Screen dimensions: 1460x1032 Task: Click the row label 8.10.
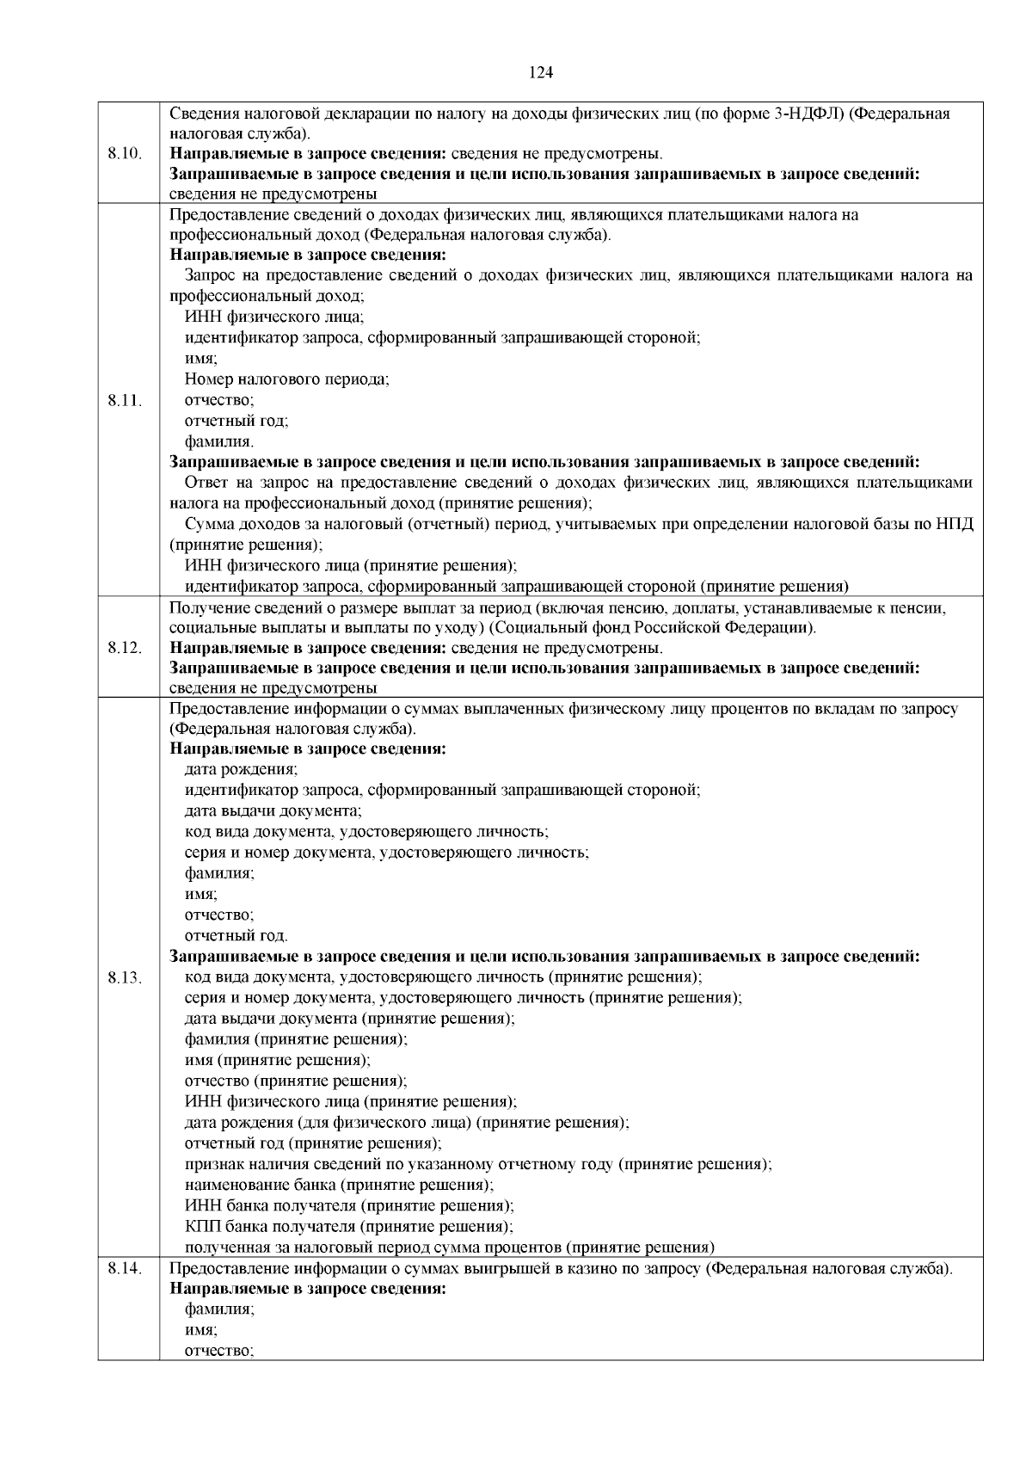[126, 154]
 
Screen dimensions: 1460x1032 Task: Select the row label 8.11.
[126, 400]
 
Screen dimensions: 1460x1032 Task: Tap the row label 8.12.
[126, 648]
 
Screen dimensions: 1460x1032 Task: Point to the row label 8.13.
[126, 978]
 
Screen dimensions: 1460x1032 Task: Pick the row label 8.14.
[126, 1268]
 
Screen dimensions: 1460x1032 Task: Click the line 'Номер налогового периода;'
[286, 379]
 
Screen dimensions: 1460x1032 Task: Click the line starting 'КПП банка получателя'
[349, 1226]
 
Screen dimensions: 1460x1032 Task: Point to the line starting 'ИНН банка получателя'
[349, 1205]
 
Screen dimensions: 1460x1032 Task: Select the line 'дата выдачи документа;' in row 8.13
[273, 810]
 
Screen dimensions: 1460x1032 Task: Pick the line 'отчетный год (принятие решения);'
[313, 1143]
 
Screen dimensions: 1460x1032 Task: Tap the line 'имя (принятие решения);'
[277, 1060]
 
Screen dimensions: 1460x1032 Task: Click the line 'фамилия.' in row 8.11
[219, 442]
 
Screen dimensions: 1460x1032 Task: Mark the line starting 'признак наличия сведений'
[478, 1164]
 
